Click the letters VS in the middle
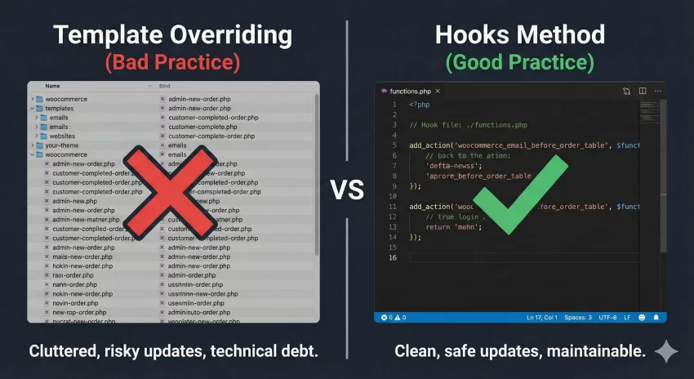pos(347,190)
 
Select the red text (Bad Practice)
pos(171,61)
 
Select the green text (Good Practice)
pos(520,61)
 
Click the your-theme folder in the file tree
pos(63,145)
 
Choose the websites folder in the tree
pos(64,136)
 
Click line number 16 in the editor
pos(392,258)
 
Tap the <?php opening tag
pos(420,105)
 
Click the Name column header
pos(53,86)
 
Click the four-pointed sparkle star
pos(666,351)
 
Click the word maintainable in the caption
pos(593,352)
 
